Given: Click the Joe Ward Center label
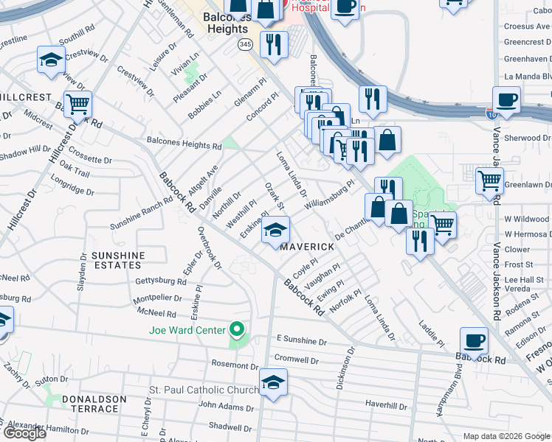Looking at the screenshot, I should [187, 329].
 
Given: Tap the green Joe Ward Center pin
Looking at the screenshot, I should [237, 329].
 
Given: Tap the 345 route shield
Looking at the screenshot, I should [244, 44].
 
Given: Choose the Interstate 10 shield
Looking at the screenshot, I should [491, 114].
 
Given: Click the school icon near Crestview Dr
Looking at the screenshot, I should [51, 61].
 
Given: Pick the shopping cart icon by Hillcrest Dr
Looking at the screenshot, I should [77, 105].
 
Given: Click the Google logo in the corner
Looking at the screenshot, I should [25, 432].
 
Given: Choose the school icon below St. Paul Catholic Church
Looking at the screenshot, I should [274, 383].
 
